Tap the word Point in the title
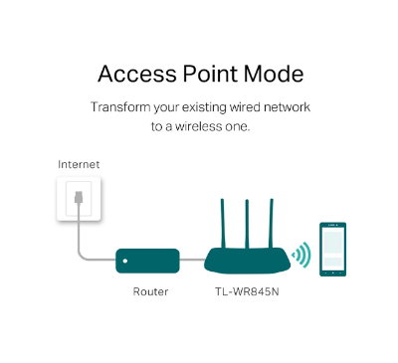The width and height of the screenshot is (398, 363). (x=214, y=75)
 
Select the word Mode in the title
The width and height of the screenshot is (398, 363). (x=276, y=75)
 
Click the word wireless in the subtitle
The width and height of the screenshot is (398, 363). (x=199, y=126)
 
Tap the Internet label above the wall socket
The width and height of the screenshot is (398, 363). (x=79, y=163)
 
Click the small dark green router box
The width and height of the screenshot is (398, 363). (x=146, y=262)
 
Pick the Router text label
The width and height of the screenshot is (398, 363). (x=149, y=292)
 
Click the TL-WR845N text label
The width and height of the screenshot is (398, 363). (x=246, y=292)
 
